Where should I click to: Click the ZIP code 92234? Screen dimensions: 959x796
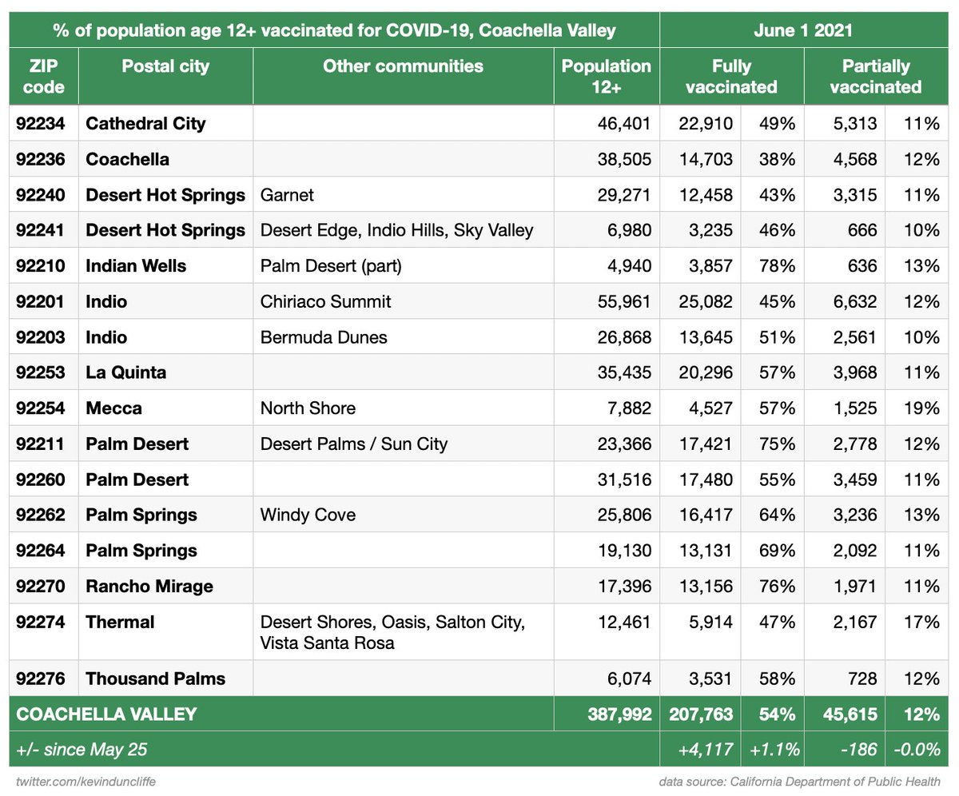coord(41,124)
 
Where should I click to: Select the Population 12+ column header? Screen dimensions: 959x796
coord(607,76)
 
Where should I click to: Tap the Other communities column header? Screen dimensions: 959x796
coord(403,66)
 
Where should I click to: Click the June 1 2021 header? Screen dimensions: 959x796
coord(803,30)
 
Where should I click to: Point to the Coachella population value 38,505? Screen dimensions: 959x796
coord(624,159)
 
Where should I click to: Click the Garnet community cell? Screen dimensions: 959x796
coord(287,195)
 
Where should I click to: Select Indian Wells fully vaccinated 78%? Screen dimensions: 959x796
coord(777,266)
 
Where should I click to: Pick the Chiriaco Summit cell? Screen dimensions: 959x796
coord(325,302)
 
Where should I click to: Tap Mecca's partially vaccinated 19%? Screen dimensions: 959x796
coord(921,408)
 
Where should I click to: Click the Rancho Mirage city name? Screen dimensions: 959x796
coord(149,587)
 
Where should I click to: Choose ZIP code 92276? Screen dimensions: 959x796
coord(41,679)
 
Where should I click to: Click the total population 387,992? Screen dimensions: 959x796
coord(619,714)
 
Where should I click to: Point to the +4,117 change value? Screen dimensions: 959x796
coord(706,750)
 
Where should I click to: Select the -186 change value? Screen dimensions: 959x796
coord(858,750)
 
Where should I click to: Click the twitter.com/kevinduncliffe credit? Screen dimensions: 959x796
coord(86,782)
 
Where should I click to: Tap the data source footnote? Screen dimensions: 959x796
coord(799,782)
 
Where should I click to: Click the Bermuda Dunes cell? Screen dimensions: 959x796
coord(324,337)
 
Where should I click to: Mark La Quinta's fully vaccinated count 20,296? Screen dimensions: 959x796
coord(706,372)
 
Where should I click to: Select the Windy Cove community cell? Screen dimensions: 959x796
coord(308,515)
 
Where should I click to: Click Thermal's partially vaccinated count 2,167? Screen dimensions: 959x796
coord(855,623)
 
